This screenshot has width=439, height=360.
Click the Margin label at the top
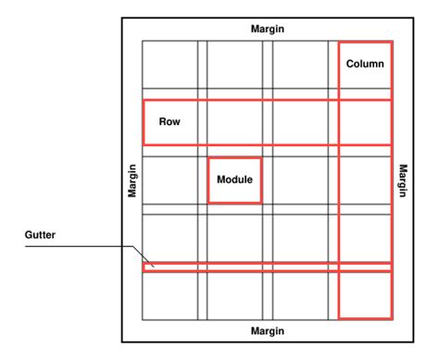coord(268,29)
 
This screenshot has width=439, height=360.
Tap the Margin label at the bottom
coord(268,330)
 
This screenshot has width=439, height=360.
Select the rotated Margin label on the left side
coord(133,180)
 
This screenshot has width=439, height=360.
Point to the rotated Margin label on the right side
coord(403,180)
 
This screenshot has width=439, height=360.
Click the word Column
coord(365,64)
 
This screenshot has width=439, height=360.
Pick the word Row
coord(169,121)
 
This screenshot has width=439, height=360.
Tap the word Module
coord(234,179)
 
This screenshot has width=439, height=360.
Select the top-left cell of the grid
coord(169,64)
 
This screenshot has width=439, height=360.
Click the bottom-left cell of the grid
coord(169,295)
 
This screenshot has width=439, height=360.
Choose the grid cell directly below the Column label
coord(365,121)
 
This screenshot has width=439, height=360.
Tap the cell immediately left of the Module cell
coord(169,180)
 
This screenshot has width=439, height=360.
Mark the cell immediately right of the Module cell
coord(300,180)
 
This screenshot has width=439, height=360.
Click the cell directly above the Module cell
coord(234,121)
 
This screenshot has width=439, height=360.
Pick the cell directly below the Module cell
coord(234,238)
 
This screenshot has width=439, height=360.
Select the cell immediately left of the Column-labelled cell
coord(300,64)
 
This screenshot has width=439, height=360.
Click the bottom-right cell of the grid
coord(365,295)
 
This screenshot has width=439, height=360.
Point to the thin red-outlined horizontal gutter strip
coord(269,267)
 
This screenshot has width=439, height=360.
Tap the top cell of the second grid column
coord(234,64)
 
